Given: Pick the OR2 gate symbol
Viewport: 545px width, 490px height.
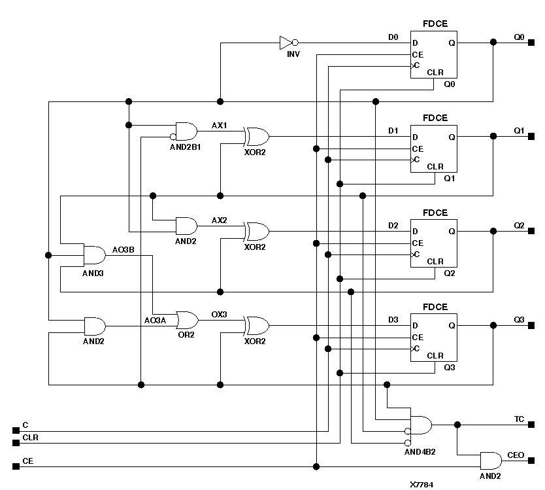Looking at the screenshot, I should [x=187, y=321].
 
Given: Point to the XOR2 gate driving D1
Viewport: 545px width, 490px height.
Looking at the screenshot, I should [x=256, y=137].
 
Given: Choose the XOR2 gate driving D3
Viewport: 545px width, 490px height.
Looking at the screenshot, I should [x=256, y=325].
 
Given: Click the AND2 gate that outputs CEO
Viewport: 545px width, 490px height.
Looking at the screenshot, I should [x=491, y=460].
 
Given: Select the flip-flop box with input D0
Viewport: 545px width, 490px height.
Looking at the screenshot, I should [x=434, y=55].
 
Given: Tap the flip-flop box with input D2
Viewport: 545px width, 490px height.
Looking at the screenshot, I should [x=434, y=243].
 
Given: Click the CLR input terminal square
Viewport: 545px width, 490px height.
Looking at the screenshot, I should [x=16, y=443].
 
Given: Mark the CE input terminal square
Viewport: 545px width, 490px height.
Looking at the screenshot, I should [x=16, y=466].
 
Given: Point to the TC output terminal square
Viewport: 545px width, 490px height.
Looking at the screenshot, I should [x=531, y=425].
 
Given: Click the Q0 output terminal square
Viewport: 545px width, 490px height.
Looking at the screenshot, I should [x=531, y=43].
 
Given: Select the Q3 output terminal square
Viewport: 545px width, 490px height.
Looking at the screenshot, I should [x=531, y=325].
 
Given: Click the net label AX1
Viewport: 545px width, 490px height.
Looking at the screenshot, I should [x=219, y=124].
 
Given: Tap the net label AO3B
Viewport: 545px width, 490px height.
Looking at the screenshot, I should [x=123, y=250].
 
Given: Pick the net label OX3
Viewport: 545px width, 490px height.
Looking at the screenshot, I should [x=219, y=314].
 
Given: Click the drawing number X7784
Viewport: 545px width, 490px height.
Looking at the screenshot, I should [x=421, y=485].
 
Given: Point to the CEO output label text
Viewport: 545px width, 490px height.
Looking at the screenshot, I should [x=516, y=455].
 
